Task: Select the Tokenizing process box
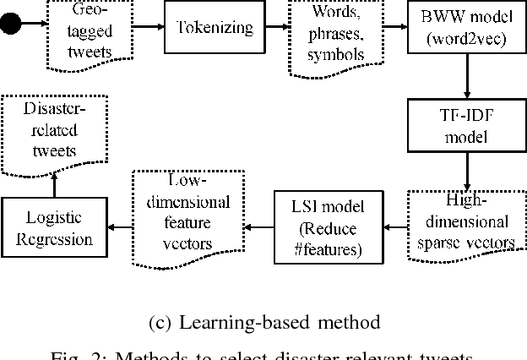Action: (x=215, y=28)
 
